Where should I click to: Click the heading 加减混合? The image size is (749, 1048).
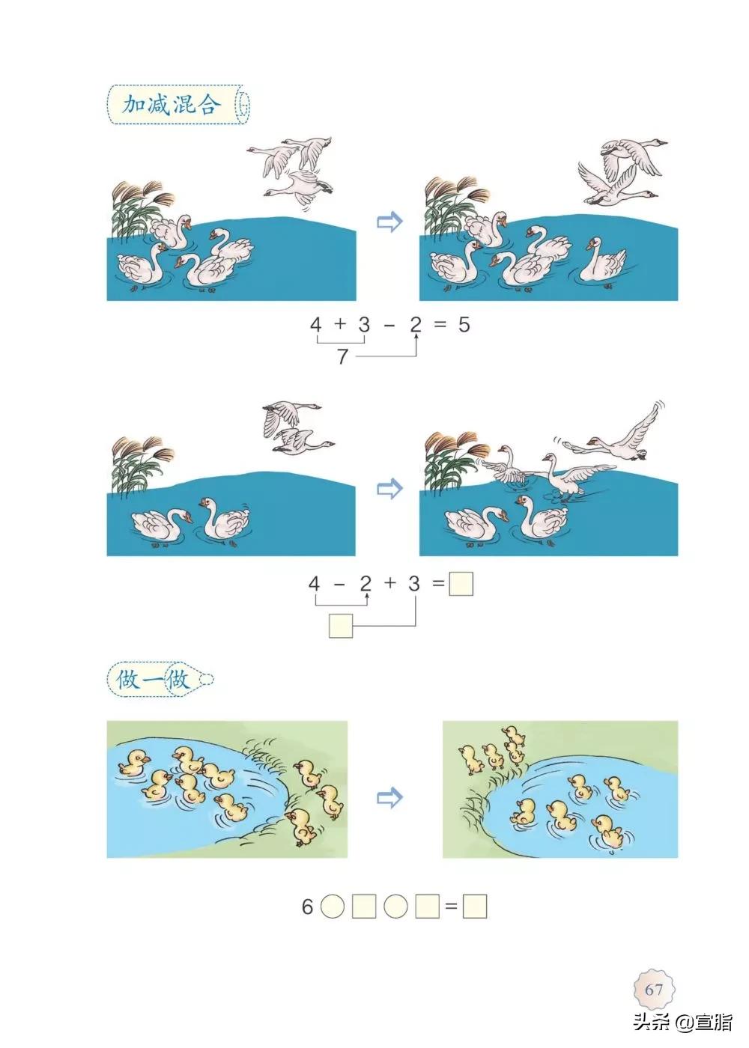pyautogui.click(x=170, y=104)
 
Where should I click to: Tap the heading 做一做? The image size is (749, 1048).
pyautogui.click(x=153, y=680)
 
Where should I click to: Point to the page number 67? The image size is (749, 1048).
pyautogui.click(x=654, y=989)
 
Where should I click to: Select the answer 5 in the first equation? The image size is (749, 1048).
pyautogui.click(x=464, y=325)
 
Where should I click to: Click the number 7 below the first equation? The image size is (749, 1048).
pyautogui.click(x=342, y=357)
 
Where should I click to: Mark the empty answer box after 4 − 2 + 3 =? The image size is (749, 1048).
pyautogui.click(x=461, y=584)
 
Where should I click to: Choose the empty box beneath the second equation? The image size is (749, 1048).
pyautogui.click(x=340, y=625)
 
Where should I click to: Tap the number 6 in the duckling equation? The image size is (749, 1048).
pyautogui.click(x=307, y=907)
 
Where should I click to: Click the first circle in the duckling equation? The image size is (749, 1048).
pyautogui.click(x=333, y=907)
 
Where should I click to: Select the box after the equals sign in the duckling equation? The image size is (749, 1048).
pyautogui.click(x=475, y=907)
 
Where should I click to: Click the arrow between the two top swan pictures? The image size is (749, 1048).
pyautogui.click(x=389, y=222)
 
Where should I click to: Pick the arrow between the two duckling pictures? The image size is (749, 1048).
pyautogui.click(x=389, y=798)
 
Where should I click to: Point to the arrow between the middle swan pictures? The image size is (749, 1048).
pyautogui.click(x=389, y=489)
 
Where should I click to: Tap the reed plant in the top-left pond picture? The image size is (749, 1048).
pyautogui.click(x=137, y=206)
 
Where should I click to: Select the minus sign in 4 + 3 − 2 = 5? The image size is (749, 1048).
pyautogui.click(x=390, y=325)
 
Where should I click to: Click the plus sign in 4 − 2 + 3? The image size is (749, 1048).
pyautogui.click(x=389, y=584)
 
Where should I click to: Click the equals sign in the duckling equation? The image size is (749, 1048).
pyautogui.click(x=451, y=907)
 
